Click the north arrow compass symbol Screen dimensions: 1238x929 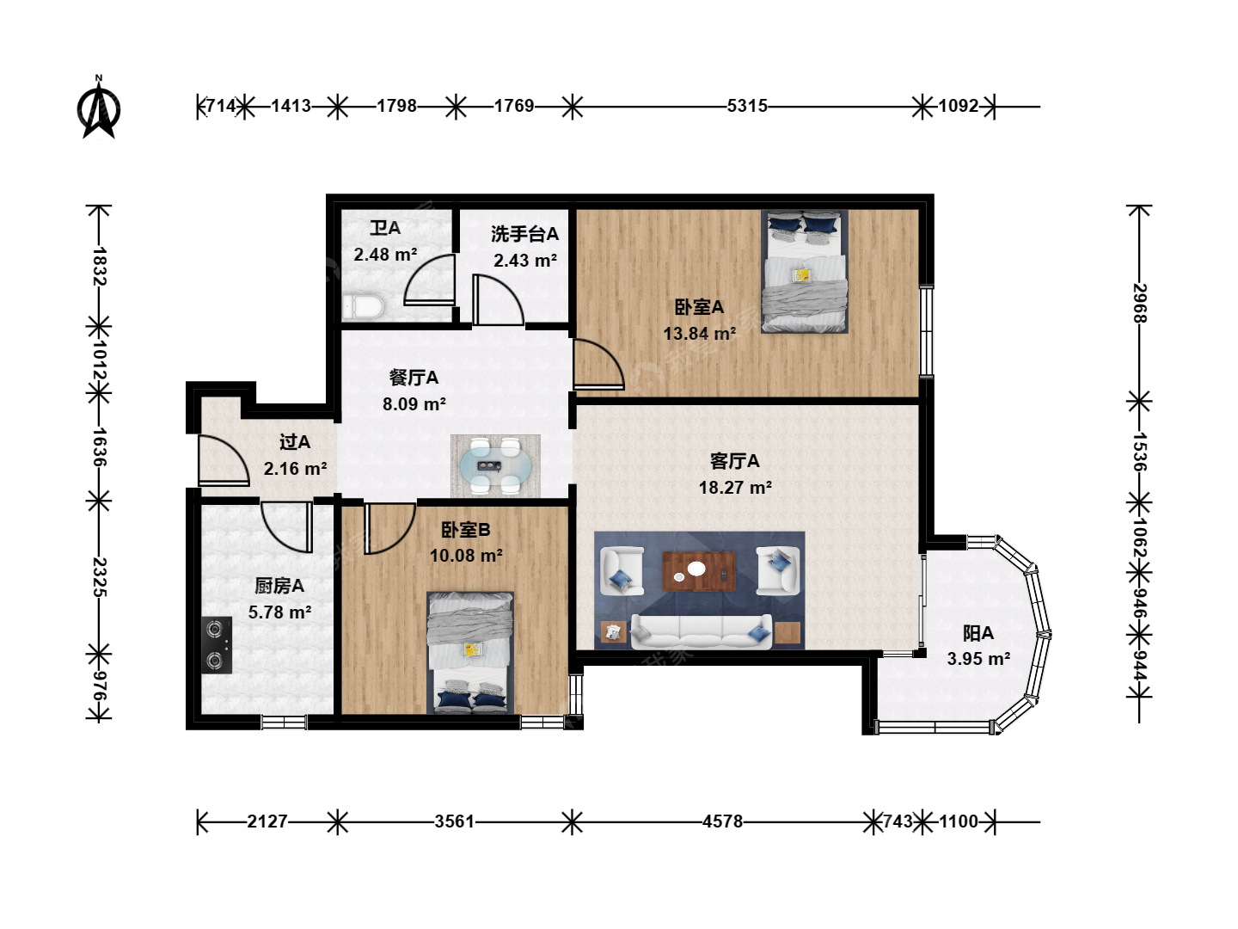pyautogui.click(x=99, y=108)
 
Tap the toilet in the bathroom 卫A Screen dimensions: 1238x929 pyautogui.click(x=363, y=307)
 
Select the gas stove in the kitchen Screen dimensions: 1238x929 pyautogui.click(x=218, y=645)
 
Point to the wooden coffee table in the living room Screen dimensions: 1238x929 pyautogui.click(x=699, y=571)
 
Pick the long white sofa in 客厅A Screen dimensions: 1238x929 pyautogui.click(x=701, y=631)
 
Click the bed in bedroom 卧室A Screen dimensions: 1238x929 pyautogui.click(x=805, y=271)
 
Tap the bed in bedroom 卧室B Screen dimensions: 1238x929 pyautogui.click(x=469, y=653)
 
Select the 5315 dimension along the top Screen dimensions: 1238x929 pyautogui.click(x=747, y=106)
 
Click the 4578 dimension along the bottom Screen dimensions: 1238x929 pyautogui.click(x=722, y=821)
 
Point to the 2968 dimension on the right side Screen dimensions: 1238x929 pyautogui.click(x=1140, y=303)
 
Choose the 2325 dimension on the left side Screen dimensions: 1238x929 pyautogui.click(x=99, y=576)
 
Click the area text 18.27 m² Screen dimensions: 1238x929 pyautogui.click(x=735, y=488)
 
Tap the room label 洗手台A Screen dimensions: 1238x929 pyautogui.click(x=524, y=233)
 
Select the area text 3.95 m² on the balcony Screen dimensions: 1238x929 pyautogui.click(x=978, y=658)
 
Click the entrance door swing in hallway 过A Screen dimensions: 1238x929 pyautogui.click(x=224, y=460)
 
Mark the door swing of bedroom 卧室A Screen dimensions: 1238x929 pyautogui.click(x=598, y=364)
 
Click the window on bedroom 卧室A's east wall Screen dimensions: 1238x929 pyautogui.click(x=926, y=331)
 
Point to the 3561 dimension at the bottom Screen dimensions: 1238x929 pyautogui.click(x=455, y=821)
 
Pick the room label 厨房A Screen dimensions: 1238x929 pyautogui.click(x=279, y=586)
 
